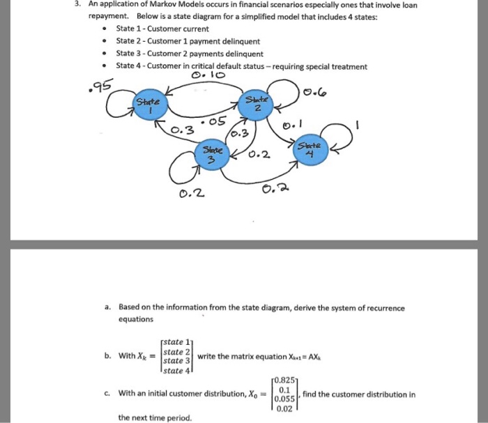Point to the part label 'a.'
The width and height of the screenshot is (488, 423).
[108, 307]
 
